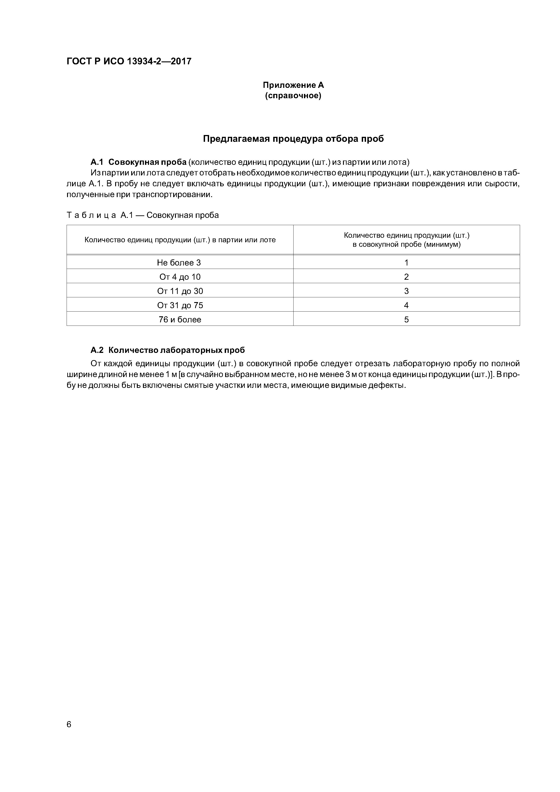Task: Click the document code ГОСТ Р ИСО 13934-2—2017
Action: coord(129,61)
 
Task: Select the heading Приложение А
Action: coord(293,85)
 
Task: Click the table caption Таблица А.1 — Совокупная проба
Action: coord(142,215)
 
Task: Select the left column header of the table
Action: coord(180,240)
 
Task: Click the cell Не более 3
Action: coord(179,263)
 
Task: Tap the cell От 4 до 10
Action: coord(180,277)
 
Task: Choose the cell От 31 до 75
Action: coord(180,305)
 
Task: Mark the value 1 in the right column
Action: coord(406,263)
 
